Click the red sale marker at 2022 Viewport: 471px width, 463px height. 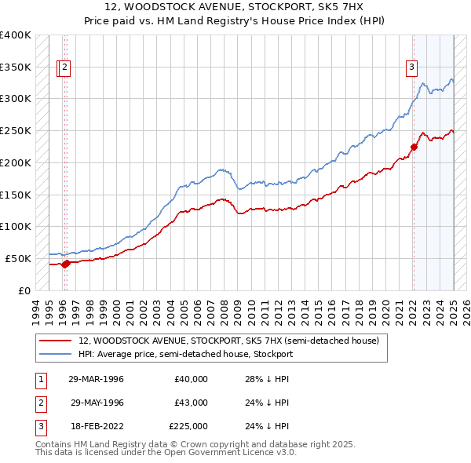click(414, 146)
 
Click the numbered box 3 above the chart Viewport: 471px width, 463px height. click(411, 67)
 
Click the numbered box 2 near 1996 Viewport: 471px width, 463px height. click(64, 67)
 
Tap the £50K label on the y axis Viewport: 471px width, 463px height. click(19, 258)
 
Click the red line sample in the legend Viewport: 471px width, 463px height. click(57, 341)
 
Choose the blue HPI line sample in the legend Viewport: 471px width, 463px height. click(57, 354)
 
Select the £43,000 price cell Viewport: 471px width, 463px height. click(192, 403)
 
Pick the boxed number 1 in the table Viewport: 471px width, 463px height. click(38, 379)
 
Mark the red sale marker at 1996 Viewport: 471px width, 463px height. click(66, 264)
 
